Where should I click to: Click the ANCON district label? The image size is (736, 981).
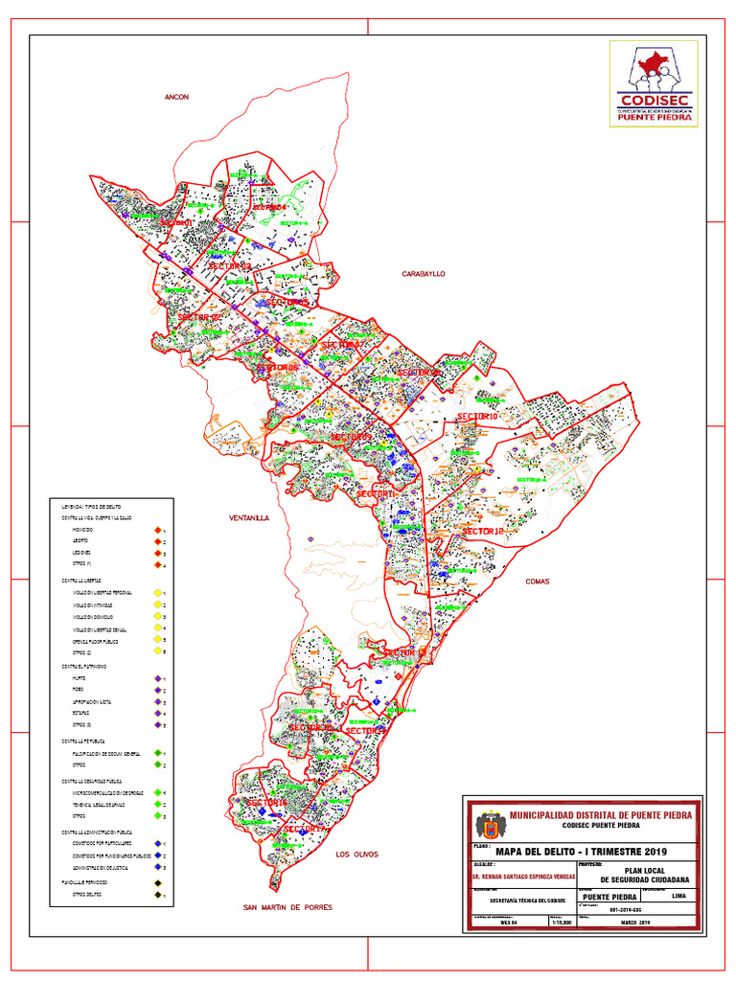click(x=176, y=98)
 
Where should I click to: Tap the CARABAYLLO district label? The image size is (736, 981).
click(x=424, y=274)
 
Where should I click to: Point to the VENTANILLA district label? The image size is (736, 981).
click(x=249, y=517)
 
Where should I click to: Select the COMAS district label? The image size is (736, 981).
click(x=537, y=582)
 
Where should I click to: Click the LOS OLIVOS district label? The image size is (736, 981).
click(x=356, y=854)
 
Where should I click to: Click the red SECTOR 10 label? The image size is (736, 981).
click(x=476, y=417)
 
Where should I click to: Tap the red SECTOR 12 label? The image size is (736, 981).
click(x=481, y=531)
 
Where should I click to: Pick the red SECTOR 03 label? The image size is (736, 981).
click(x=229, y=265)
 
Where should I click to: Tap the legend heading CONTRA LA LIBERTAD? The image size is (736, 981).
click(x=82, y=581)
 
